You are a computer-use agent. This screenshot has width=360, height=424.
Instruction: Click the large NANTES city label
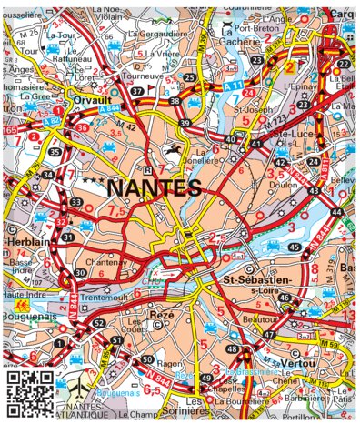(x=154, y=188)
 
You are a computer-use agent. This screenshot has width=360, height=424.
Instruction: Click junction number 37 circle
(x=137, y=92)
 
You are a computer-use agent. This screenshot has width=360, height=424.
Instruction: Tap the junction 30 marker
(x=80, y=272)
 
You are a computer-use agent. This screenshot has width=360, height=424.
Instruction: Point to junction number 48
(x=232, y=349)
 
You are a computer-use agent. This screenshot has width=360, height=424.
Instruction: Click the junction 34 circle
(x=47, y=174)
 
